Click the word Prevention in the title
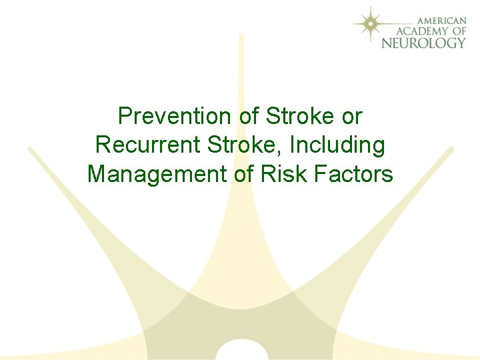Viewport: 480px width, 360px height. (x=173, y=116)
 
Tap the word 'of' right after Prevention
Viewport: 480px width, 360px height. (x=248, y=116)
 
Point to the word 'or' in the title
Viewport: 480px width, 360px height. (x=351, y=116)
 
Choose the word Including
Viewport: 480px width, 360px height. (x=338, y=145)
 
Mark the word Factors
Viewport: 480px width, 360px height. (x=356, y=174)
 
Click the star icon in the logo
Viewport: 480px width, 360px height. (x=368, y=24)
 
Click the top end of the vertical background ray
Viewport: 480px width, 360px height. (x=241, y=37)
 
